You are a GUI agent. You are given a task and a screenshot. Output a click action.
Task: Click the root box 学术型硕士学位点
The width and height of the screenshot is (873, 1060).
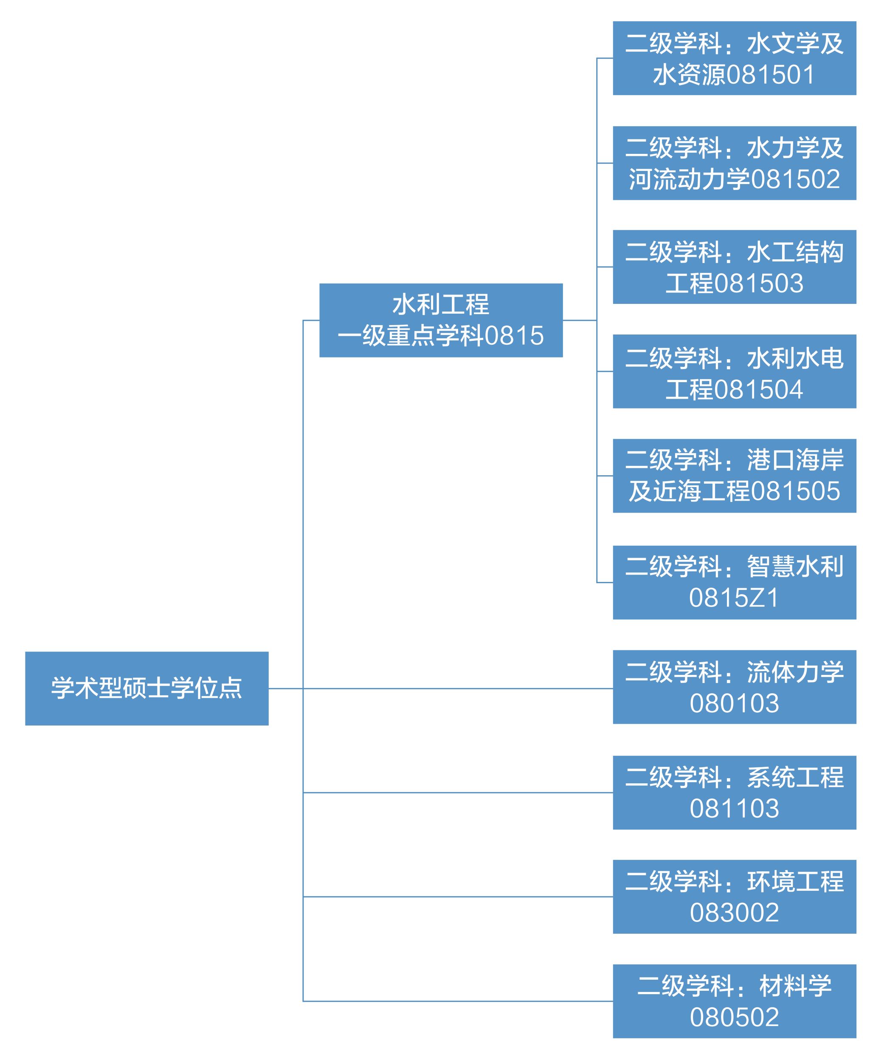[146, 688]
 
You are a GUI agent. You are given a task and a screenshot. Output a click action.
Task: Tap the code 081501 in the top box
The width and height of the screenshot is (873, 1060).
[770, 74]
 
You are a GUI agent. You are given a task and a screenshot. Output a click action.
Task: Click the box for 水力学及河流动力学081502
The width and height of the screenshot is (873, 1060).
[734, 163]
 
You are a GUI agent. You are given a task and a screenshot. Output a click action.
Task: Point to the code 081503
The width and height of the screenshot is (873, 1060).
[758, 283]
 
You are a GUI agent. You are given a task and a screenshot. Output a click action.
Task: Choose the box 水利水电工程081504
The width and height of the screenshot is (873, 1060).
[734, 371]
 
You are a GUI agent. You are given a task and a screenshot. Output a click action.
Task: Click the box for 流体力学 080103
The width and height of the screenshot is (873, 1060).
[734, 687]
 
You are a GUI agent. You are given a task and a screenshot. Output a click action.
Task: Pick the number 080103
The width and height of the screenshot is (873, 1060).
[734, 703]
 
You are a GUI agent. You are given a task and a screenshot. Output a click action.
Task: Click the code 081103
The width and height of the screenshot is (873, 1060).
[734, 808]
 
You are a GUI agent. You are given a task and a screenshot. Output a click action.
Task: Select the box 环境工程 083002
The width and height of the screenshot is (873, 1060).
[734, 896]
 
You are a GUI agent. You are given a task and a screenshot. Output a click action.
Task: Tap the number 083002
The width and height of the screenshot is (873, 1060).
[734, 913]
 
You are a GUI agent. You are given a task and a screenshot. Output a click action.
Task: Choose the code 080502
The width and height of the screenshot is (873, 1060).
[734, 1017]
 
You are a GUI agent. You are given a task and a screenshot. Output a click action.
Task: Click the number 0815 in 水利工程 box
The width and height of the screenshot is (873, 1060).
[514, 336]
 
